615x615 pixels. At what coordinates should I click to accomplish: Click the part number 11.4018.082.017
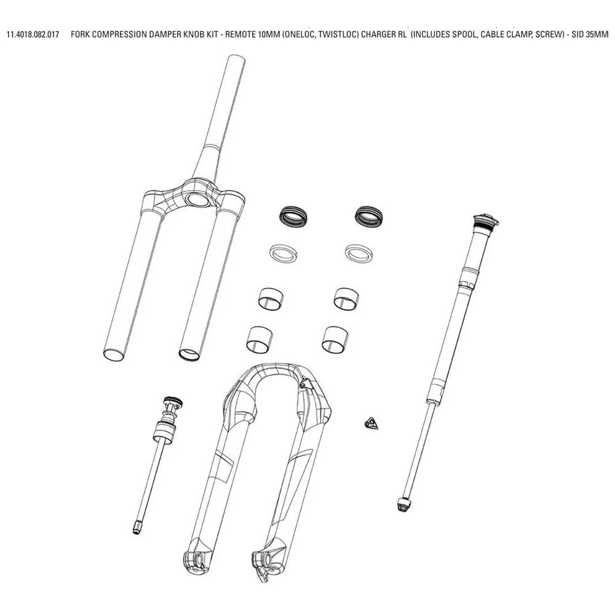(33, 34)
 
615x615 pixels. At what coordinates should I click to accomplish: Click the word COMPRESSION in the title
(120, 34)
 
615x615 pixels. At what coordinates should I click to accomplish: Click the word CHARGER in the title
(377, 34)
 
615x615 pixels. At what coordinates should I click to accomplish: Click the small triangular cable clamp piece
(371, 424)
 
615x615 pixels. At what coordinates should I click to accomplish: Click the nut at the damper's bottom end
(403, 504)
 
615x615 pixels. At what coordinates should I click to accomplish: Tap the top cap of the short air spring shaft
(173, 401)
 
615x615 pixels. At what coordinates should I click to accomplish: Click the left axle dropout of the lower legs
(194, 559)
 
